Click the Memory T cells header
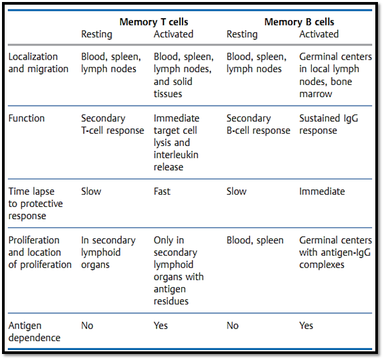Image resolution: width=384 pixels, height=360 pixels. click(154, 22)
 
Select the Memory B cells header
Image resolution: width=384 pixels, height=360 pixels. click(299, 22)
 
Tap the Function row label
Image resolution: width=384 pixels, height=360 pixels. click(27, 118)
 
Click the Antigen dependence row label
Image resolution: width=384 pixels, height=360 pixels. click(34, 332)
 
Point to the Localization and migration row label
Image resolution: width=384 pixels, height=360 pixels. click(38, 63)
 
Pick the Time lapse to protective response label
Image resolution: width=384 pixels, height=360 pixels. click(35, 203)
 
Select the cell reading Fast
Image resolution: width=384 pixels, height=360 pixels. click(162, 191)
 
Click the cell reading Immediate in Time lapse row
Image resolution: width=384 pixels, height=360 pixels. click(322, 191)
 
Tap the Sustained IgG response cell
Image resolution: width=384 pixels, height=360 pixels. click(328, 124)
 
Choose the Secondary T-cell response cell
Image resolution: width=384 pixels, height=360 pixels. click(112, 124)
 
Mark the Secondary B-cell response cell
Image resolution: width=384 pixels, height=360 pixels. click(258, 124)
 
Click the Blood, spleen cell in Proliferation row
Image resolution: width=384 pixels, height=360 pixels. click(255, 240)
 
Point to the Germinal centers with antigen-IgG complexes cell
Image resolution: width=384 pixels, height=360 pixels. click(335, 252)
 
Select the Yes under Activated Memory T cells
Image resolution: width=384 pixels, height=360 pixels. click(161, 325)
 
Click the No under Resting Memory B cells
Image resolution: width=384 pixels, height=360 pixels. click(232, 325)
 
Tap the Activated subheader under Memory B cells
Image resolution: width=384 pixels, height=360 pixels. click(319, 34)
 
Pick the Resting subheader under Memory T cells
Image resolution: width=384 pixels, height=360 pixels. click(96, 34)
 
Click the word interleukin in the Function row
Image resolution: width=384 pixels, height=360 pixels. click(176, 155)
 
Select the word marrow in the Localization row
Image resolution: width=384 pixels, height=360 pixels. click(316, 94)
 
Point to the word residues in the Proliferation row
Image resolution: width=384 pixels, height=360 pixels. click(171, 301)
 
